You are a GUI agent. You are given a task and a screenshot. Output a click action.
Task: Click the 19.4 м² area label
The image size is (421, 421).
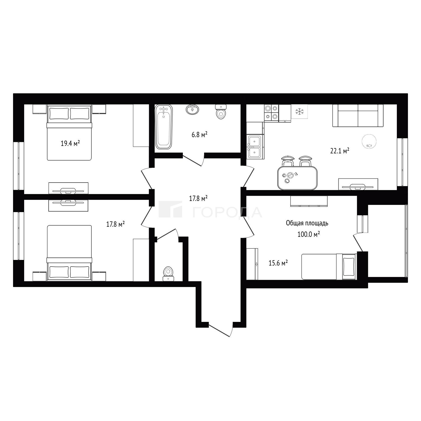pyautogui.click(x=70, y=144)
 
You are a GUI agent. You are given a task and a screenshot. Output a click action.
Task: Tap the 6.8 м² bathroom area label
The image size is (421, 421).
pyautogui.click(x=199, y=135)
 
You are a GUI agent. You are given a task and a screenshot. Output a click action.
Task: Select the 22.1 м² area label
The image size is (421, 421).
pyautogui.click(x=340, y=151)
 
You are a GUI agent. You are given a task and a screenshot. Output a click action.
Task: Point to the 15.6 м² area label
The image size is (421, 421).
pyautogui.click(x=278, y=263)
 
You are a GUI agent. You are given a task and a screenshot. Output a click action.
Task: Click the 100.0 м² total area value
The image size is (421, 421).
pyautogui.click(x=309, y=234)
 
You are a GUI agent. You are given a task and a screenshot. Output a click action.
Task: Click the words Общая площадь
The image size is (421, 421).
pyautogui.click(x=307, y=223)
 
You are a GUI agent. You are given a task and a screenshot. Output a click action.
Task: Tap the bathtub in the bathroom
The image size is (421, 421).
pyautogui.click(x=164, y=127)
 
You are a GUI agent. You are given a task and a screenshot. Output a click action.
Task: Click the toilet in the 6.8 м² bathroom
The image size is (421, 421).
pyautogui.click(x=221, y=112)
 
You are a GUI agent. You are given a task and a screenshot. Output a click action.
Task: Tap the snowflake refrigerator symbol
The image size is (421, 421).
pyautogui.click(x=300, y=112)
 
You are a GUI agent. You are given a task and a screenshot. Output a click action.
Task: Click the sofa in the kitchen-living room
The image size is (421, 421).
pyautogui.click(x=358, y=116)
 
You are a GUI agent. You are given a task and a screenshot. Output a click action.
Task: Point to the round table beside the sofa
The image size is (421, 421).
pyautogui.click(x=369, y=141)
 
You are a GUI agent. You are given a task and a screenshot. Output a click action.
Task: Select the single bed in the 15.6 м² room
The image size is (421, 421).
pyautogui.click(x=329, y=267)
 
